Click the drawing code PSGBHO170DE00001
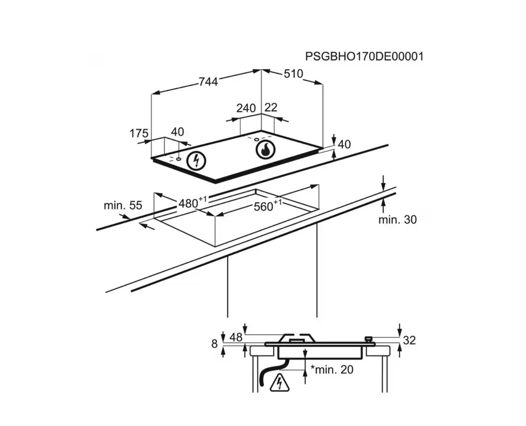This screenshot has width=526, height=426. pos(364,57)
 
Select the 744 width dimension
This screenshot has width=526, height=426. pos(208,82)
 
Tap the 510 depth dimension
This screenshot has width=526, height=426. pos(293,74)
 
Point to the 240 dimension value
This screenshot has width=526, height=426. pos(246,108)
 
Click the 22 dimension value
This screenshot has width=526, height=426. pos(271,107)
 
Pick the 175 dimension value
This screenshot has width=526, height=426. pos(139,133)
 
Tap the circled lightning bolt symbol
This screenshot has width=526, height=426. pos(196,160)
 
